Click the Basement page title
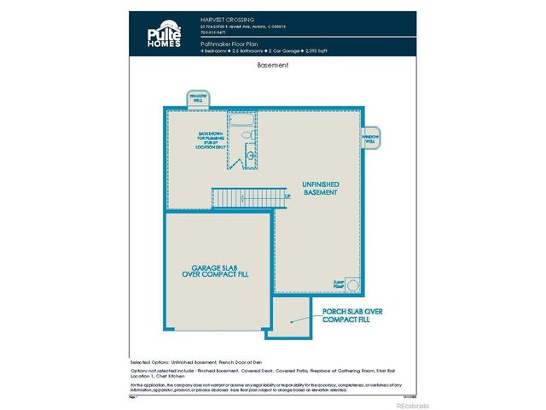click(x=273, y=65)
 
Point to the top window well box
click(x=198, y=98)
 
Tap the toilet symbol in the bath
click(x=247, y=135)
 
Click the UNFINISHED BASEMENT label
click(x=320, y=188)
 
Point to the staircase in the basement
click(x=240, y=197)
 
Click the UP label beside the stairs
click(x=288, y=197)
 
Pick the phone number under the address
click(x=212, y=32)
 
